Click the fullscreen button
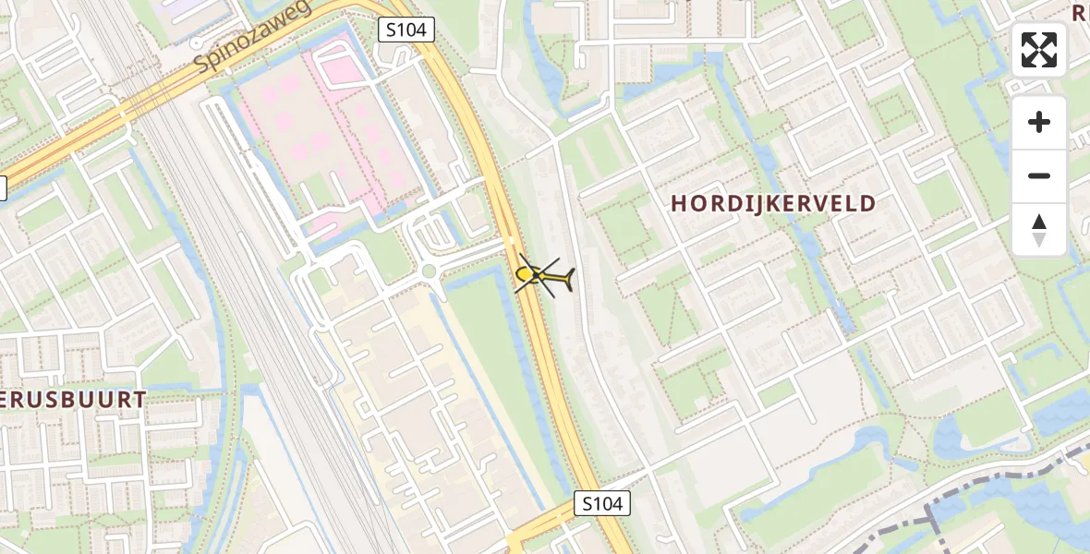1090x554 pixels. (1039, 50)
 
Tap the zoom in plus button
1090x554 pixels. (1039, 122)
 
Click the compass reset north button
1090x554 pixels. (1039, 230)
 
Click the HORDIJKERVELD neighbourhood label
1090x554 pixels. (773, 203)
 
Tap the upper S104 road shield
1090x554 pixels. (406, 30)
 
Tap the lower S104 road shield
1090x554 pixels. (602, 503)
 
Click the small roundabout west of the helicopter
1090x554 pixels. (429, 271)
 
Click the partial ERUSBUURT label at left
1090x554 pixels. (74, 399)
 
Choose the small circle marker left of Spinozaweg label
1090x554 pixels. (196, 42)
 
